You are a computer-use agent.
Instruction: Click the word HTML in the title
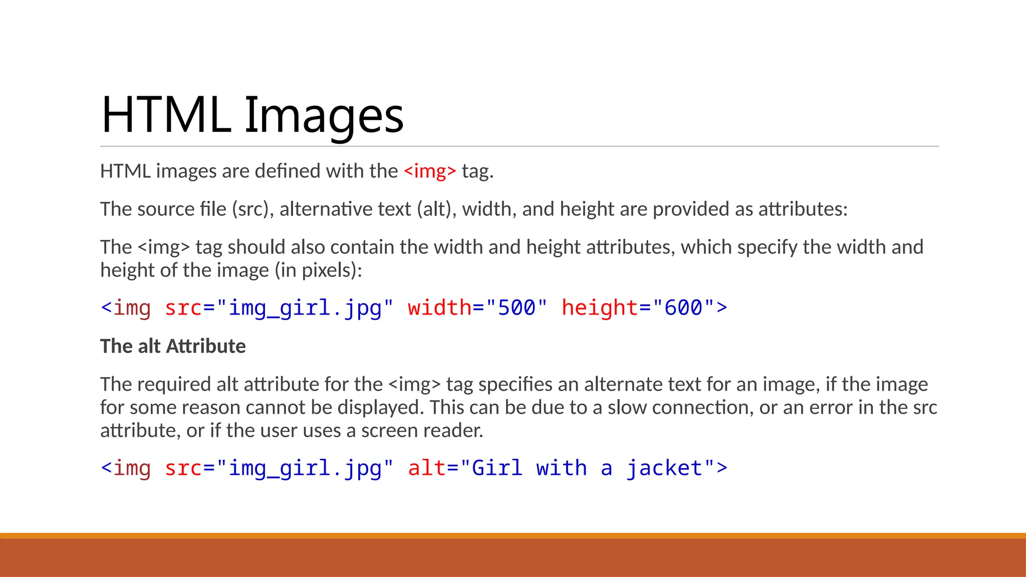coord(165,115)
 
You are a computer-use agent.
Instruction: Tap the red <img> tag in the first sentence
coord(430,171)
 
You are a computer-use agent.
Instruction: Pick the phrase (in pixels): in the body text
coord(318,270)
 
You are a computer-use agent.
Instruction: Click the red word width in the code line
coord(439,308)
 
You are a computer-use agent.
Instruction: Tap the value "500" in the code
coord(517,308)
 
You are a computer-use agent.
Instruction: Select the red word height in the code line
coord(600,308)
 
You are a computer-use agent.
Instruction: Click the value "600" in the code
coord(683,308)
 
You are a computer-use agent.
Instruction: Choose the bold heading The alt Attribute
coord(173,347)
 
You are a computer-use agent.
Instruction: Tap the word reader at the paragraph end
coord(456,431)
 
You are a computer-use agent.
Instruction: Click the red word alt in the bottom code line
coord(427,468)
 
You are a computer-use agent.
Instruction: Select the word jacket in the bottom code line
coord(664,468)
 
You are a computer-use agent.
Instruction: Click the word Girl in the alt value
coord(497,468)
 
